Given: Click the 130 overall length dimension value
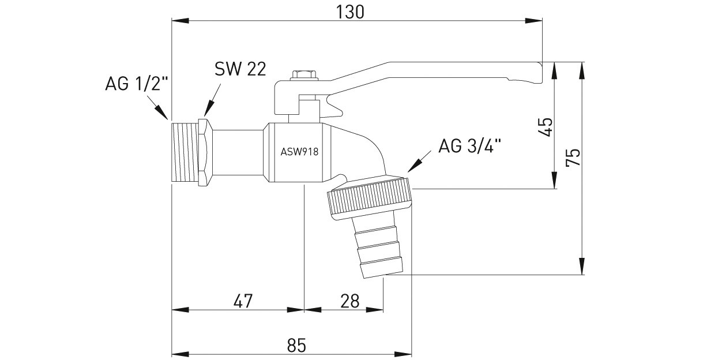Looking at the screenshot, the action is pos(350,12).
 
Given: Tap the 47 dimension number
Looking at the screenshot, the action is pos(243,301).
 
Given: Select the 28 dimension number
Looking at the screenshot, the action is pos(349,301).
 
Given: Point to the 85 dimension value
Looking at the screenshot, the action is pos(296,346).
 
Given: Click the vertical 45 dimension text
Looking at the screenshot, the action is pos(546,127).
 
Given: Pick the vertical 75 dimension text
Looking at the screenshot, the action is pos(573,157).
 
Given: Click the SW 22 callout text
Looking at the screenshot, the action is pos(240,69).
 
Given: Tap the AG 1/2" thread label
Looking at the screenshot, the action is pos(137,84).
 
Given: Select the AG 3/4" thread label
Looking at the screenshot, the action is pos(470,146).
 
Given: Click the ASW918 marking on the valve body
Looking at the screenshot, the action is pos(299,152).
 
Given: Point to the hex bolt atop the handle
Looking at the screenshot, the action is pos(304,75).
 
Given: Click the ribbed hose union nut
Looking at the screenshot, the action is pos(370,198).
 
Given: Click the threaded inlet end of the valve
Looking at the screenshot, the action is pos(185,153).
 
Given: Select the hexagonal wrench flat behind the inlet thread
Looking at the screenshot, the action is pos(205,152).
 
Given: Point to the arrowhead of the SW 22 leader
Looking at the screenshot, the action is pos(208,108).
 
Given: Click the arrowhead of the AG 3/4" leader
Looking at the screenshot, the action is pos(414,167).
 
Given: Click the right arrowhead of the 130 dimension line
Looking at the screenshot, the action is pos(534,21).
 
